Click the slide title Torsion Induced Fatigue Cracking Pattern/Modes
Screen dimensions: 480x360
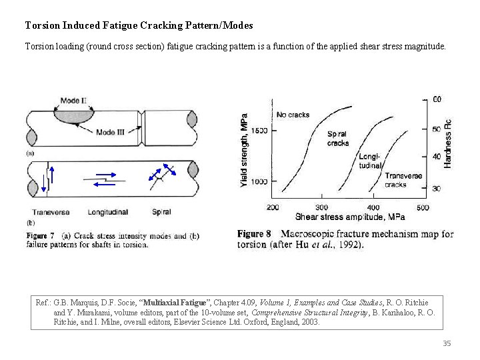[x=139, y=25]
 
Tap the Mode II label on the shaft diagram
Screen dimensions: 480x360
[x=73, y=101]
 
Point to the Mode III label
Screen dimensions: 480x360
[x=110, y=131]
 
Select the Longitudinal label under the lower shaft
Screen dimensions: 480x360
[x=108, y=212]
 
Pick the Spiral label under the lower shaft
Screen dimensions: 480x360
[x=161, y=212]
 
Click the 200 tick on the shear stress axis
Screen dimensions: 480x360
[x=273, y=207]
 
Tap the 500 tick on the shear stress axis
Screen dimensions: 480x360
[x=423, y=207]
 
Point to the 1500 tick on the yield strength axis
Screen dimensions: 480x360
[x=259, y=131]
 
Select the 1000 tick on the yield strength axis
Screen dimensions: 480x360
[x=259, y=182]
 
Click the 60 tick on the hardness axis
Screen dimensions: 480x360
[x=437, y=99]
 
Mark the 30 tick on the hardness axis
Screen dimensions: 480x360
[x=437, y=189]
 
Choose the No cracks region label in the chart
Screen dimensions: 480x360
[x=293, y=115]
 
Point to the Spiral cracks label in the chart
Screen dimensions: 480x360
[x=338, y=139]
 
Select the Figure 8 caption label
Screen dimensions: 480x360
[x=254, y=234]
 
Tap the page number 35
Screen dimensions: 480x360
[x=447, y=343]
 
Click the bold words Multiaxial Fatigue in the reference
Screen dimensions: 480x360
[x=174, y=302]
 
